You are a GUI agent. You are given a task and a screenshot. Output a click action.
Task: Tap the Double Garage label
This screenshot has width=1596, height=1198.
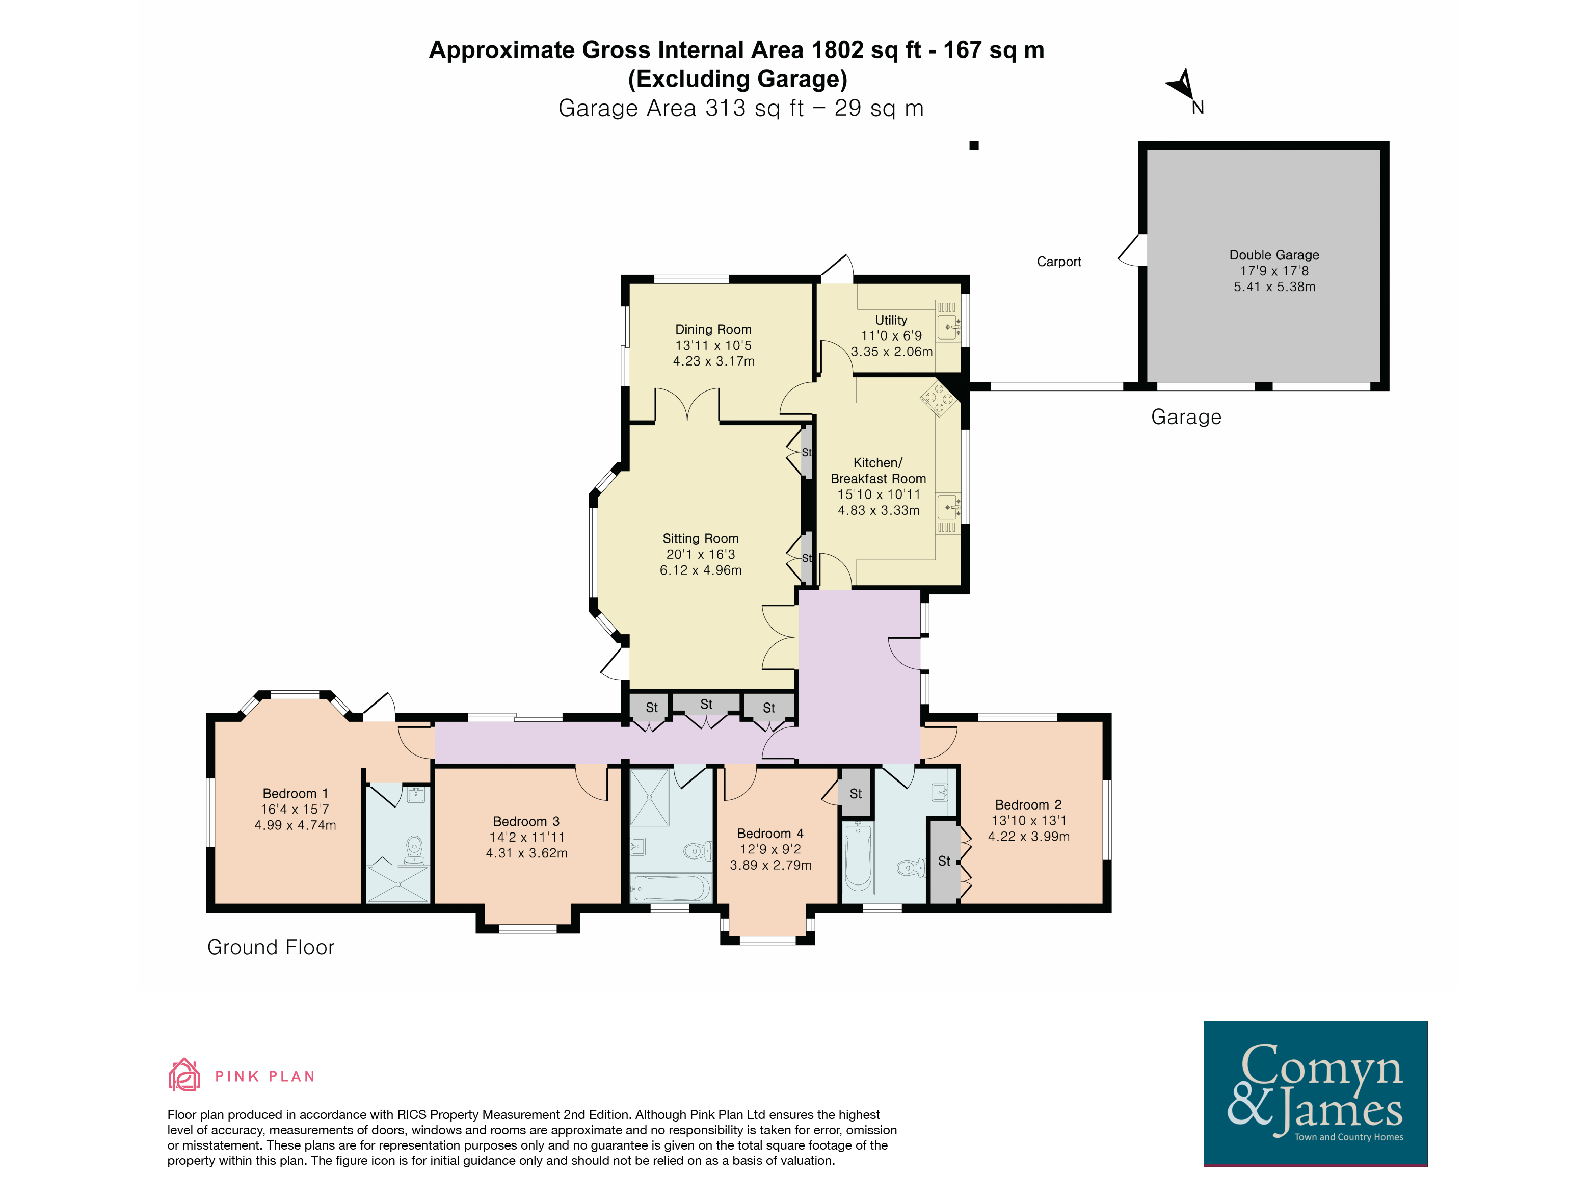[1274, 255]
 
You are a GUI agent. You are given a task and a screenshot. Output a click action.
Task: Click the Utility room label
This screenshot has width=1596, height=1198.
[891, 320]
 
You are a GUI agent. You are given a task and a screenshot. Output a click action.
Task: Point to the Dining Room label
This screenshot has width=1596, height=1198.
[713, 329]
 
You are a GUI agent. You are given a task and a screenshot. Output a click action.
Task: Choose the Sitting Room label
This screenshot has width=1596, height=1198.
[701, 538]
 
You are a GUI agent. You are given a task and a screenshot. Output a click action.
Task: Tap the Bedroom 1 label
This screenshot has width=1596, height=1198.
[295, 793]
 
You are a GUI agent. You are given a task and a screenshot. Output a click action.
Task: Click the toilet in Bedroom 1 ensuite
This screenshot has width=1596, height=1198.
[414, 851]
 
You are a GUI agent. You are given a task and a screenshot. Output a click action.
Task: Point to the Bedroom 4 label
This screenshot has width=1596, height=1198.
[770, 834]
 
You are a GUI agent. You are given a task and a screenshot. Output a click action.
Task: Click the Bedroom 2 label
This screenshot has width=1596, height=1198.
[1028, 804]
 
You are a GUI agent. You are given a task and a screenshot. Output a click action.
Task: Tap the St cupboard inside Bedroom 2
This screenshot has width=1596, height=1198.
[944, 861]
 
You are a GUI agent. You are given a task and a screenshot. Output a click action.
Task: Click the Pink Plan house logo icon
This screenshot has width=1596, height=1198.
[184, 1075]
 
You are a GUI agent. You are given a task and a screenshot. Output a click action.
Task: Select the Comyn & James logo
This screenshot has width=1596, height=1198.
[1315, 1093]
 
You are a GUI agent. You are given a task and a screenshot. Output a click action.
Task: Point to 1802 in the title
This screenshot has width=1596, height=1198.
[837, 50]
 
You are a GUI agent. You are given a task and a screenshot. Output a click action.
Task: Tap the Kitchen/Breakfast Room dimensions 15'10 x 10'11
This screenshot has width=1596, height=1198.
[879, 494]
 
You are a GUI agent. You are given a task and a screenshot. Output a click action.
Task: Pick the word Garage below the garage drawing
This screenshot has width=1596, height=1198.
[1186, 417]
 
